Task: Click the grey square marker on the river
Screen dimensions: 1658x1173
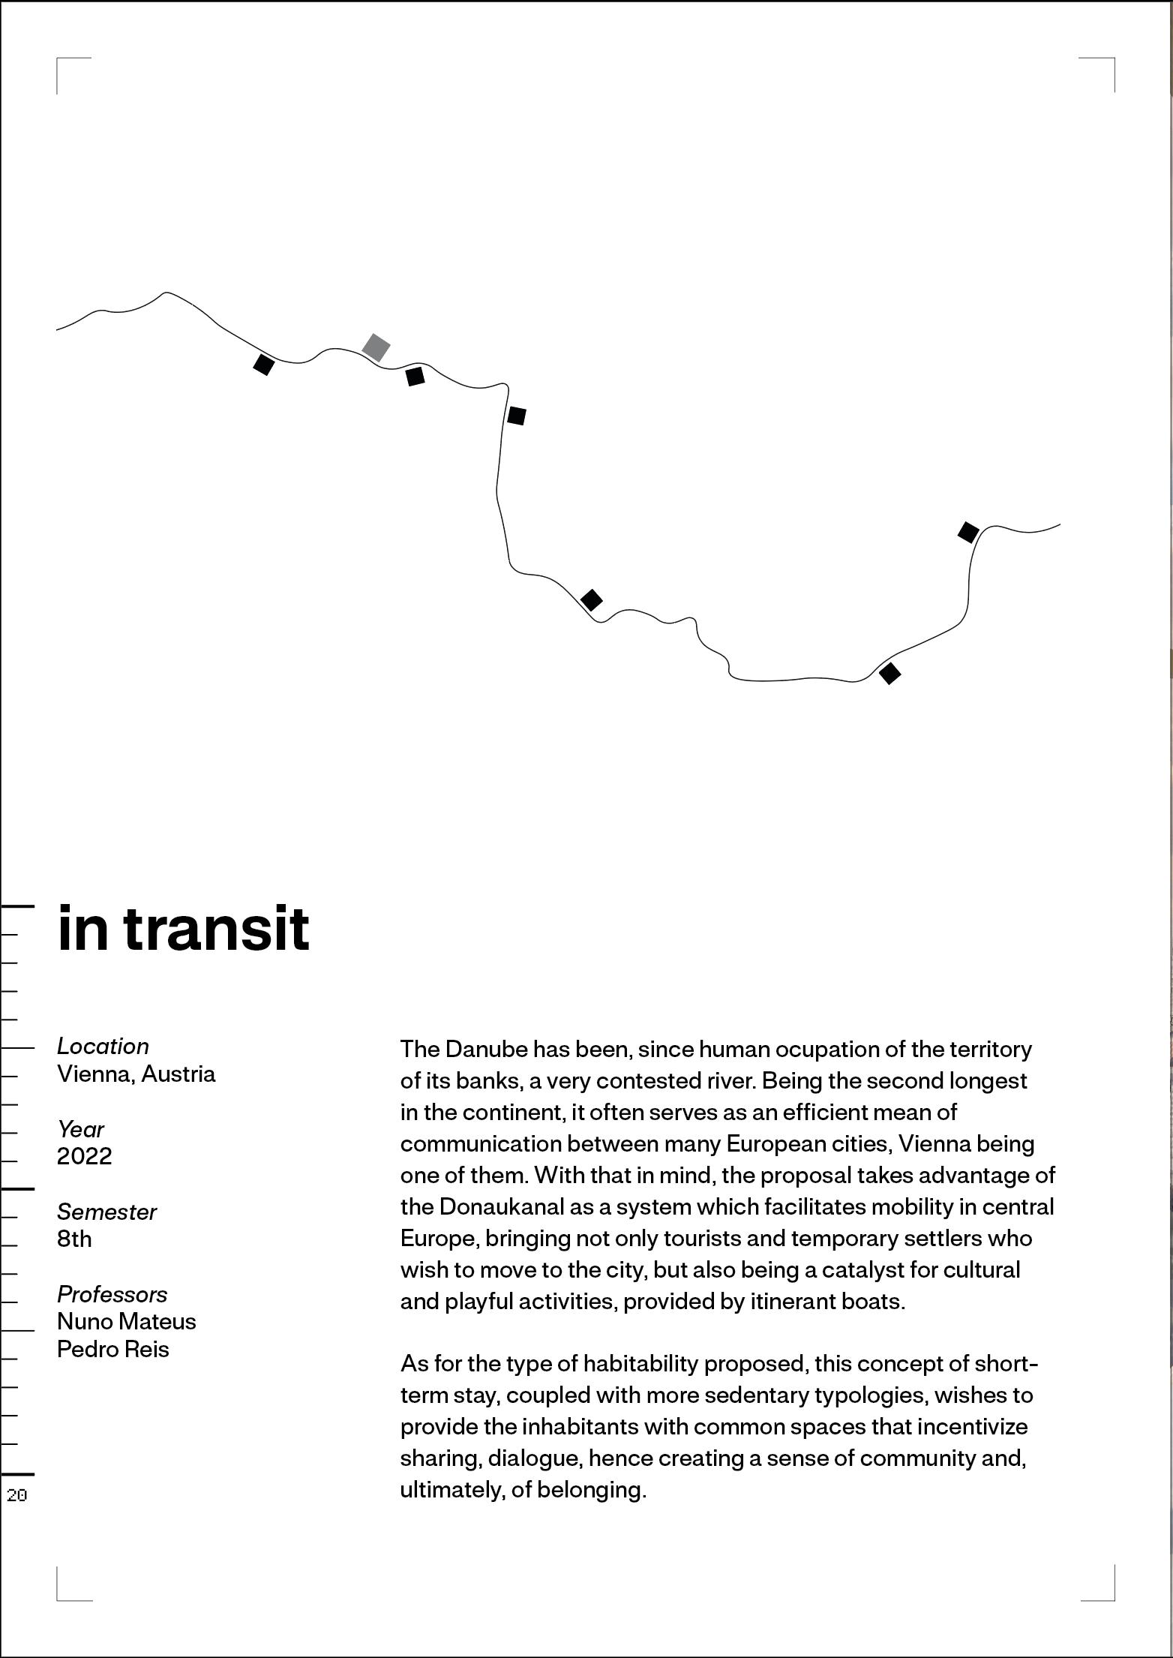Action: [x=376, y=347]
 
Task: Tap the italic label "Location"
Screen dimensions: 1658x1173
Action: [x=103, y=1046]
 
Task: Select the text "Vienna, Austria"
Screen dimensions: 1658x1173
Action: [x=136, y=1074]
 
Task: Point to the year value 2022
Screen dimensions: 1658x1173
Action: [x=84, y=1155]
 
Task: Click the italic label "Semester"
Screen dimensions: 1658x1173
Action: [x=106, y=1212]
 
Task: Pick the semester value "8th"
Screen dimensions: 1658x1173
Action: [x=74, y=1239]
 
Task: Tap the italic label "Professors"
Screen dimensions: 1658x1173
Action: [x=112, y=1294]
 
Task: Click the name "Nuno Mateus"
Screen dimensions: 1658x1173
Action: [x=126, y=1321]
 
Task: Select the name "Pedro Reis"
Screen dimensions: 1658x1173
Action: [x=113, y=1349]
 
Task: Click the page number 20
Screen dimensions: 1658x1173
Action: [x=16, y=1495]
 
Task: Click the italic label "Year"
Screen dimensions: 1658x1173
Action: [x=80, y=1129]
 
